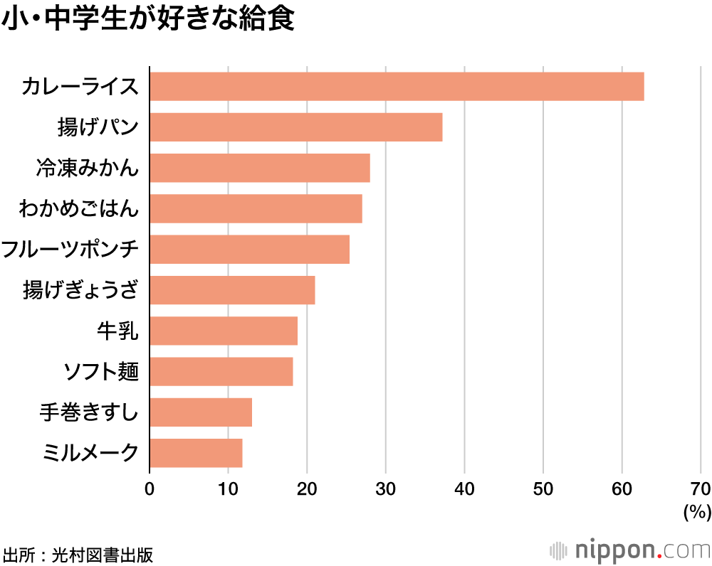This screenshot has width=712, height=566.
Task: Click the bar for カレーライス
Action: (x=397, y=86)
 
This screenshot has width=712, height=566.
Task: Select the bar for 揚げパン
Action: (x=295, y=127)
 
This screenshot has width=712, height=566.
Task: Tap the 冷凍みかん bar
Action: (x=259, y=168)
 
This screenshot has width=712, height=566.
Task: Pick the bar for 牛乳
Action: (x=223, y=331)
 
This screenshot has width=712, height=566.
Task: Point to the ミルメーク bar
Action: (x=196, y=453)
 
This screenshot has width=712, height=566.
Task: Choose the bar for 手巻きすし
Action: (x=201, y=412)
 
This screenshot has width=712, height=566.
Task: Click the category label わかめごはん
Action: (x=79, y=209)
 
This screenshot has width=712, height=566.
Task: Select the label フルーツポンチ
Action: (x=70, y=250)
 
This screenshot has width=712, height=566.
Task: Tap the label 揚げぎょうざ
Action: (x=80, y=290)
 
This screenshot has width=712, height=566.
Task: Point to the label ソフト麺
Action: (x=100, y=371)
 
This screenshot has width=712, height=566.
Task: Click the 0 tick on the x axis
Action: (x=150, y=488)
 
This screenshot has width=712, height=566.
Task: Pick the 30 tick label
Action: (x=385, y=488)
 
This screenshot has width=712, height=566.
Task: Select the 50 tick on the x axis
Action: (x=543, y=488)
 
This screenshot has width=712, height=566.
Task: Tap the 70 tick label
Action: (x=700, y=488)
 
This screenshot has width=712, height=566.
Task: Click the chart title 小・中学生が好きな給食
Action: (x=148, y=20)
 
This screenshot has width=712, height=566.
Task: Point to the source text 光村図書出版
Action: (x=103, y=554)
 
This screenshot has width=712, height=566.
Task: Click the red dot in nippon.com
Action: (x=661, y=555)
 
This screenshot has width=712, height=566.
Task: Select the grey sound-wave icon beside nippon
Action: (x=560, y=550)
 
